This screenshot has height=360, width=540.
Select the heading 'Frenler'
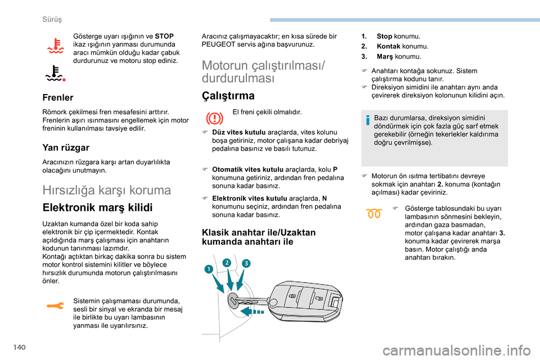(58, 97)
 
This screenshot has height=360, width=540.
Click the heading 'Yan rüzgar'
(66, 147)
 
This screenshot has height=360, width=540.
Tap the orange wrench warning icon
(56, 306)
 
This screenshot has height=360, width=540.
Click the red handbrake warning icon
(216, 119)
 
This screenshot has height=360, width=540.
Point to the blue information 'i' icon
(368, 119)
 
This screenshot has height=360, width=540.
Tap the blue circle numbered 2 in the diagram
(227, 263)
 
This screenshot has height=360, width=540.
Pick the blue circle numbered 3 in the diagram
(246, 263)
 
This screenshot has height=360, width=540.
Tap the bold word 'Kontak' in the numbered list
(388, 46)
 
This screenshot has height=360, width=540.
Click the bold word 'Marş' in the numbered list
(385, 56)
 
